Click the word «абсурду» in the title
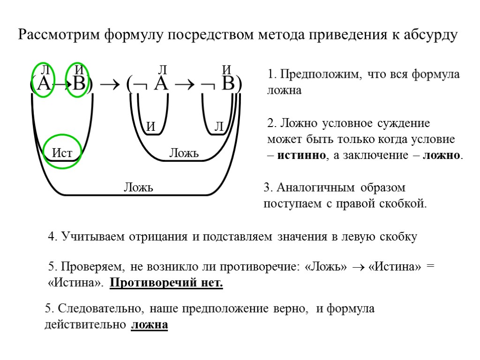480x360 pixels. [430, 36]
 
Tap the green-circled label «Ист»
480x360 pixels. [62, 152]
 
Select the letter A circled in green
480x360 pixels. [43, 84]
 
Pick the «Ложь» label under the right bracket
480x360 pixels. [184, 153]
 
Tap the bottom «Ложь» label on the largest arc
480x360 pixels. [138, 188]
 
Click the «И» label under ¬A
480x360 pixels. [150, 127]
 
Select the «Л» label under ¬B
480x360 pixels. [219, 127]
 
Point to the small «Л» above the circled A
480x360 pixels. [45, 70]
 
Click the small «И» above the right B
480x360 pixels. [227, 70]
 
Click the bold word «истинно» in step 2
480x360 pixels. [300, 156]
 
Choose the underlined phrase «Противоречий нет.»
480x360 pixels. [166, 283]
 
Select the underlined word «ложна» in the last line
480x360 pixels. [150, 324]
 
